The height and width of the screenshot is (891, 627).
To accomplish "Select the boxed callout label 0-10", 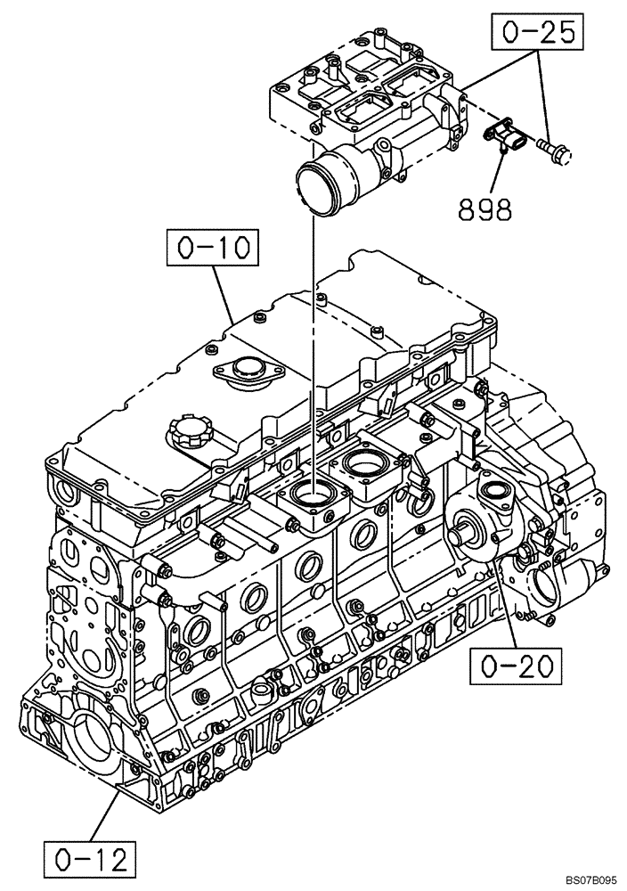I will coord(211,248).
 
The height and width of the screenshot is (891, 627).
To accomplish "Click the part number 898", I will coord(484,209).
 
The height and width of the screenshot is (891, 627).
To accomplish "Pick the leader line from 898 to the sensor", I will coord(500,173).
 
